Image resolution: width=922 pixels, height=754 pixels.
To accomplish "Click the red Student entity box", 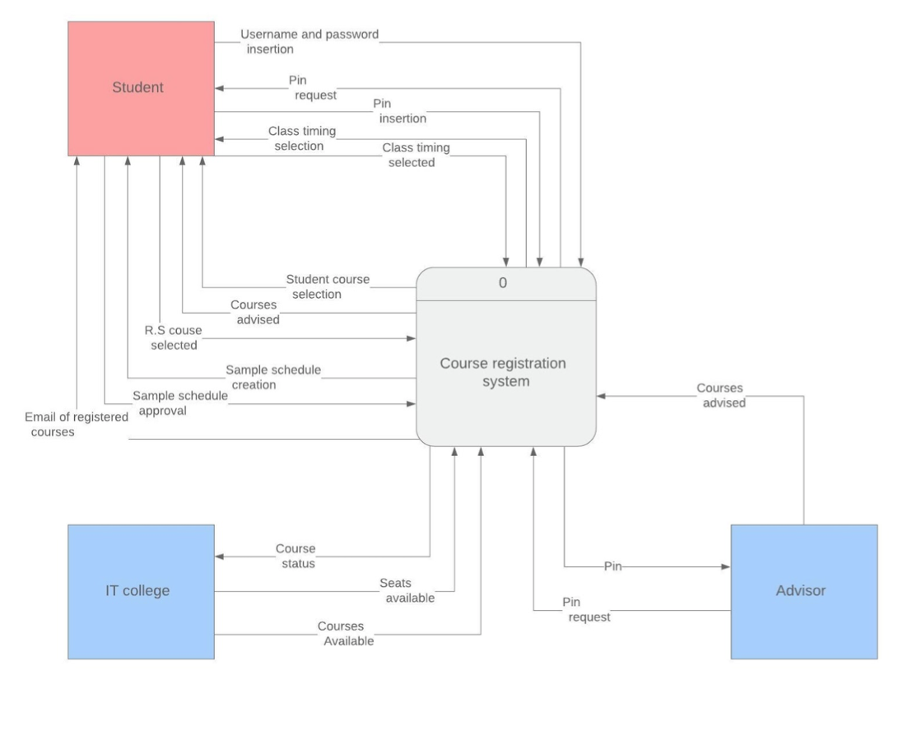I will [x=141, y=87].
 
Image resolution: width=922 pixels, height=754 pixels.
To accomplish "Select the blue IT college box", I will [x=141, y=591].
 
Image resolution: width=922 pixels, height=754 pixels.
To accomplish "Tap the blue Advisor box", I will [x=803, y=591].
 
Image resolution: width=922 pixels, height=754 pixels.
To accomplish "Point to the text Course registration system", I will [x=503, y=372].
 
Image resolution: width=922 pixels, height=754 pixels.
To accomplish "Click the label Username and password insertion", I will [x=310, y=42].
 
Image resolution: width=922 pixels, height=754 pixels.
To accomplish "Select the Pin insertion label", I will [x=399, y=111].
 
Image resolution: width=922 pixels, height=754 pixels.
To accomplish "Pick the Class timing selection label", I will [x=301, y=138].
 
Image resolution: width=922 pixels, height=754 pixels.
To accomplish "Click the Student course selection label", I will [x=328, y=286].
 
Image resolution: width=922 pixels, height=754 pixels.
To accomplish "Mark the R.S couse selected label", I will [x=173, y=338].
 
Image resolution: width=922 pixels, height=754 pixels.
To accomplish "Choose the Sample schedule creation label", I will [x=272, y=377].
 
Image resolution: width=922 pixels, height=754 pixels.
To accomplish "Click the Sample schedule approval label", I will [x=180, y=403].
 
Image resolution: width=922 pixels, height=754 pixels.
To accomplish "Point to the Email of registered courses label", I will [x=76, y=425].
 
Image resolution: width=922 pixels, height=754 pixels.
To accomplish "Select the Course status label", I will [x=295, y=556].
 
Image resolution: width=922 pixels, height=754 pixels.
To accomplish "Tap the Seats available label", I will [x=407, y=590].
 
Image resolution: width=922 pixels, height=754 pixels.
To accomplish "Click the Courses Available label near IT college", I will [x=346, y=633].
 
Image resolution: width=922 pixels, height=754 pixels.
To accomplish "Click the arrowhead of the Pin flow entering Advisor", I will [x=726, y=566].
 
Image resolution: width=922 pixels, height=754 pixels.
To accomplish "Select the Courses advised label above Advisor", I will [x=720, y=395].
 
